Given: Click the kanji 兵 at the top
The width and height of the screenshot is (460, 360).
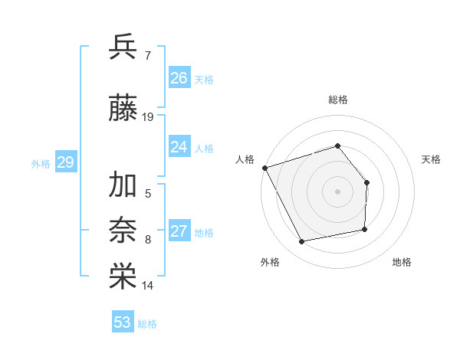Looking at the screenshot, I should click(123, 47).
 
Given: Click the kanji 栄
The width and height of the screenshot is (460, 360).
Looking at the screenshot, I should click(123, 277).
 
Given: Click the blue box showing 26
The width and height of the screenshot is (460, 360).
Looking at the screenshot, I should click(179, 78).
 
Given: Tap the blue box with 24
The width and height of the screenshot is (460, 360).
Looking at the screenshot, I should click(179, 147).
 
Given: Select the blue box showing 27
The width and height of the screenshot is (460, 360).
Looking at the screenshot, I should click(179, 231).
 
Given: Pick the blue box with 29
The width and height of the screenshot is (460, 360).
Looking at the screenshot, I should click(65, 162).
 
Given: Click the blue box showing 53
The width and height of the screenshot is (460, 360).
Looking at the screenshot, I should click(123, 322).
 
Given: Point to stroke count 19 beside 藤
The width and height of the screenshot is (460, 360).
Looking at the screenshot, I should click(148, 117).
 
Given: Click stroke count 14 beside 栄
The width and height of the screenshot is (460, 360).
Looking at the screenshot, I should click(148, 286).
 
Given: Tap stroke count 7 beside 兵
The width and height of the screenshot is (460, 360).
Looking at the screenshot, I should click(147, 55).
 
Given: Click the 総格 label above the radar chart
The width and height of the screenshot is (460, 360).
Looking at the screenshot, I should click(337, 100).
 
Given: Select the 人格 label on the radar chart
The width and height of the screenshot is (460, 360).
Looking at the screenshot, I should click(245, 159).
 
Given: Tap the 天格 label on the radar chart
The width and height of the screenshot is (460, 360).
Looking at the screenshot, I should click(432, 159).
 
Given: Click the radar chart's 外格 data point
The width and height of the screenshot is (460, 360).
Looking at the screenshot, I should click(301, 242).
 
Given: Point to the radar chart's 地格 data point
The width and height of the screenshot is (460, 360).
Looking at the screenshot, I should click(365, 229).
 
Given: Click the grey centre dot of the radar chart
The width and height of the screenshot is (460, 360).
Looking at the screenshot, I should click(337, 191).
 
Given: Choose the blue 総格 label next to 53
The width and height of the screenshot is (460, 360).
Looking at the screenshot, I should click(147, 324).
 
